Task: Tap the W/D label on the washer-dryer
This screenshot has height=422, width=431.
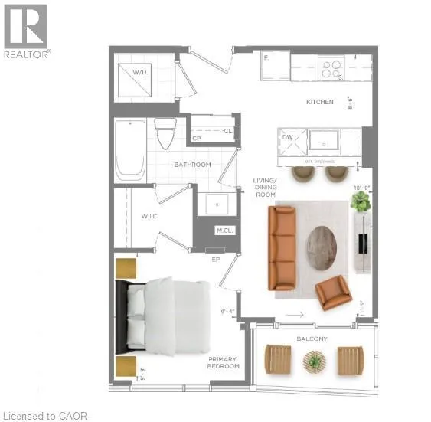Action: [139, 73]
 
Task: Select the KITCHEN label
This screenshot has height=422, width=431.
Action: [319, 102]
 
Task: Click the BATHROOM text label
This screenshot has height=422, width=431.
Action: [191, 165]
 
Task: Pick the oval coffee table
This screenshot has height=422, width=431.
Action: [322, 247]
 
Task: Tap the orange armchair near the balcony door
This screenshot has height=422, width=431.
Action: [333, 292]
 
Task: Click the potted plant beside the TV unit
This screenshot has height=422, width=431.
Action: [360, 201]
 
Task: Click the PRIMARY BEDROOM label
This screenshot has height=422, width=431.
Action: [224, 362]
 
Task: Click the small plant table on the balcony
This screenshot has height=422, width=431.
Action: [314, 361]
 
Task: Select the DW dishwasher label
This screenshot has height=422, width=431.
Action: [287, 137]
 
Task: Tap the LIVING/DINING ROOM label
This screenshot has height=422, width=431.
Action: [267, 188]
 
